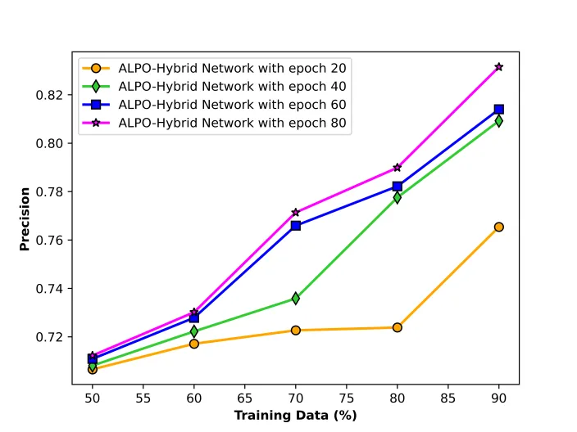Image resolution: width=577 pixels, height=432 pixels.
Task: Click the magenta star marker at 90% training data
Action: pyautogui.click(x=498, y=67)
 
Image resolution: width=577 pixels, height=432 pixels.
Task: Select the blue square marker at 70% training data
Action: pyautogui.click(x=296, y=226)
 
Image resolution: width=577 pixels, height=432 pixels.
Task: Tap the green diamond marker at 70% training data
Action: pyautogui.click(x=296, y=299)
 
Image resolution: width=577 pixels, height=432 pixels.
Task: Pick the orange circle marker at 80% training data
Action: pyautogui.click(x=397, y=327)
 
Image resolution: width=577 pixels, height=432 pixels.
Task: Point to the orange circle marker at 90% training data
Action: pyautogui.click(x=498, y=227)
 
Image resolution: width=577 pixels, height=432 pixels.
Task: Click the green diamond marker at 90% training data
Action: pyautogui.click(x=498, y=121)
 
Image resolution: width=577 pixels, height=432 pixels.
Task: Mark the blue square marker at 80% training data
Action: pyautogui.click(x=397, y=187)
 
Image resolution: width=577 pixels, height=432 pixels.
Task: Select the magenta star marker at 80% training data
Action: pyautogui.click(x=397, y=168)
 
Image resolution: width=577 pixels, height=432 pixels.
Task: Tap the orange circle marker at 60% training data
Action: pyautogui.click(x=194, y=344)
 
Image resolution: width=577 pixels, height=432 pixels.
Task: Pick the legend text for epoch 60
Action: pyautogui.click(x=232, y=105)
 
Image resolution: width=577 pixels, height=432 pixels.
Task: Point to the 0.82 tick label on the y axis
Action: pyautogui.click(x=49, y=96)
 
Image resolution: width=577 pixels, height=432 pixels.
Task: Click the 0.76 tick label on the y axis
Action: pyautogui.click(x=49, y=241)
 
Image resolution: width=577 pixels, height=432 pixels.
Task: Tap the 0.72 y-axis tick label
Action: pyautogui.click(x=49, y=337)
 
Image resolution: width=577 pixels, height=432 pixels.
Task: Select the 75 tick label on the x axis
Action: pyautogui.click(x=346, y=398)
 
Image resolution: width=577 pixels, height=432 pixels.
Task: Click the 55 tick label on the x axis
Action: pyautogui.click(x=143, y=398)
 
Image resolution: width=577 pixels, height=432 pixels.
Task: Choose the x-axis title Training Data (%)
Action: pyautogui.click(x=296, y=416)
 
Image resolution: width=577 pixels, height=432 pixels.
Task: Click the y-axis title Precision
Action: pyautogui.click(x=25, y=219)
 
